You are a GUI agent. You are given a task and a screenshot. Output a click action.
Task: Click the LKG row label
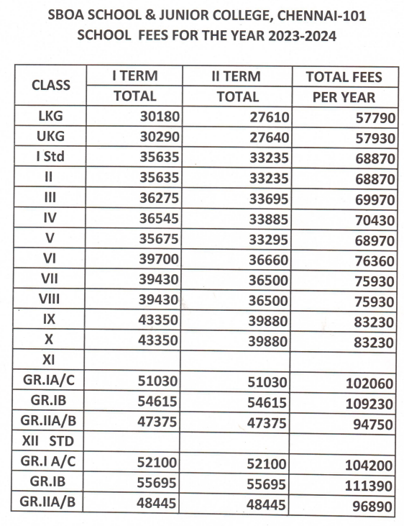click(x=50, y=115)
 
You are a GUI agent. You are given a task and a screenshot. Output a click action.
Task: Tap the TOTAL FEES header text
click(x=344, y=77)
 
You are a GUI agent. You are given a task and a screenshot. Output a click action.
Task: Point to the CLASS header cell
click(x=51, y=86)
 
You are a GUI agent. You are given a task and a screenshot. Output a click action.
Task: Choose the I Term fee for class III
click(x=156, y=196)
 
